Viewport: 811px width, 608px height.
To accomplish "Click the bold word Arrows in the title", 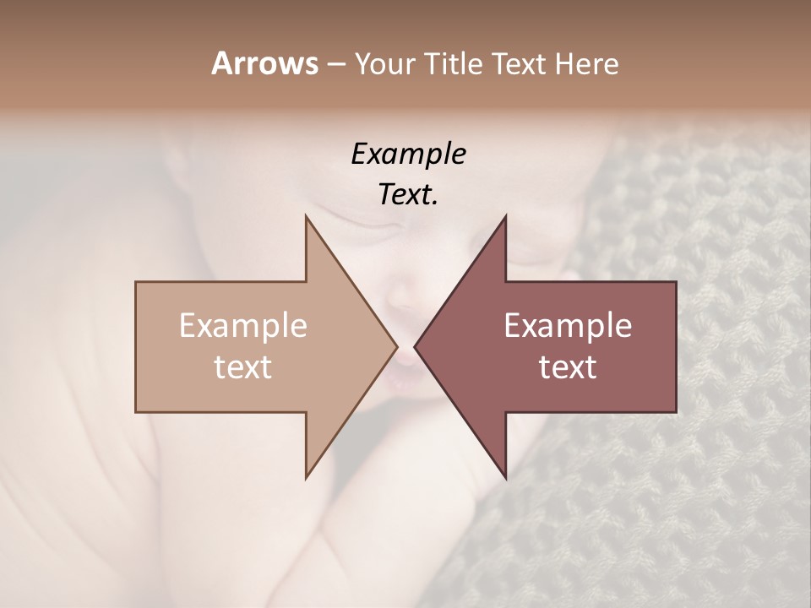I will (x=264, y=63).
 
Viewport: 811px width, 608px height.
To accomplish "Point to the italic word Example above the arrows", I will (x=408, y=154).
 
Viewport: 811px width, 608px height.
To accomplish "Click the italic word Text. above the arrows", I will (x=408, y=194).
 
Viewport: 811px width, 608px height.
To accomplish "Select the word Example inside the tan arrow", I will (x=242, y=326).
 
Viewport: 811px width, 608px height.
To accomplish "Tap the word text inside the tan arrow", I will (x=242, y=366).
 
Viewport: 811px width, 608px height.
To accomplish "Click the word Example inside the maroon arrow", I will (x=568, y=326).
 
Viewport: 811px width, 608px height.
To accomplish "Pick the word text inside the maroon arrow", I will (x=568, y=366).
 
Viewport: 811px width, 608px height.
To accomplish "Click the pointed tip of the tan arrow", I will (x=395, y=346).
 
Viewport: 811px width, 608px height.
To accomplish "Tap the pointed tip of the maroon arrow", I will (x=416, y=346).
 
